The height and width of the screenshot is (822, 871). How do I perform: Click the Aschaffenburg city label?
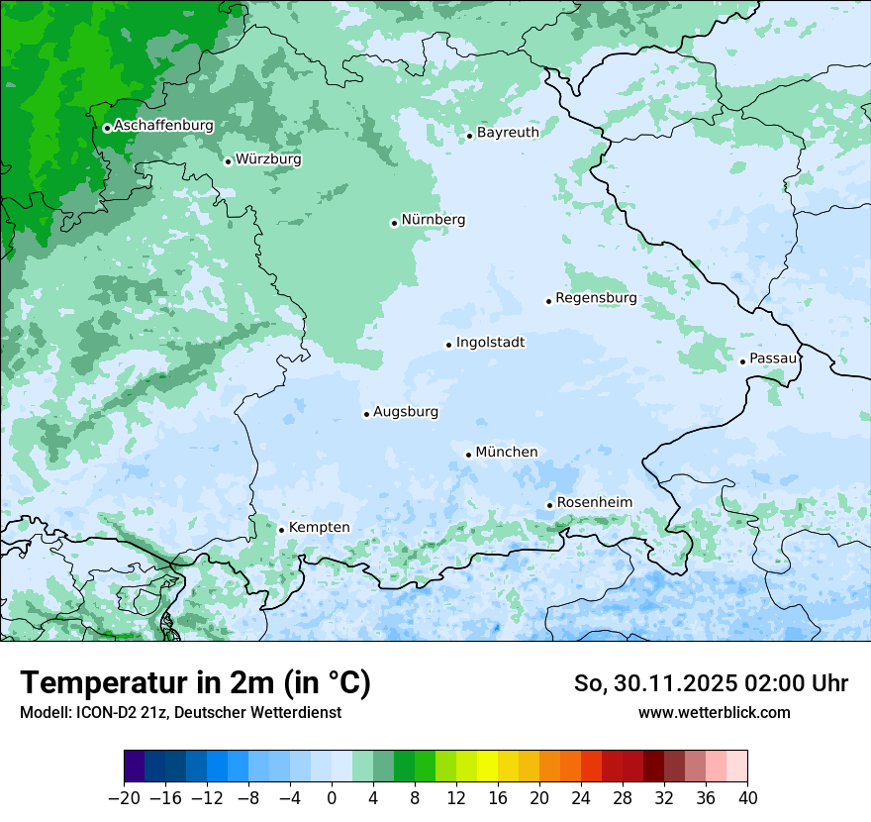click(x=163, y=126)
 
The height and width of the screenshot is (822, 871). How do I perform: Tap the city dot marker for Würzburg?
click(x=228, y=161)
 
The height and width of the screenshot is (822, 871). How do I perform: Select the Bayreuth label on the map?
click(x=508, y=133)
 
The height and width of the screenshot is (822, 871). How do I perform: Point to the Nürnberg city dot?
click(x=394, y=223)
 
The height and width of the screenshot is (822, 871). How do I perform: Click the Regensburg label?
click(x=596, y=298)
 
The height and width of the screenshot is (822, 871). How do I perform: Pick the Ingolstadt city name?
click(x=490, y=343)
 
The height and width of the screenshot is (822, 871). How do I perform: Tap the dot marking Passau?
click(x=742, y=361)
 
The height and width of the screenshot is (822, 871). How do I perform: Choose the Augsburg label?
click(x=406, y=412)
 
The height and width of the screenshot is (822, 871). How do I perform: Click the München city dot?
click(x=468, y=455)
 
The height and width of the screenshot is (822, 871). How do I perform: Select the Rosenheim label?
click(x=594, y=503)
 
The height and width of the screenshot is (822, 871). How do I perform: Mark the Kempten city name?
click(x=319, y=528)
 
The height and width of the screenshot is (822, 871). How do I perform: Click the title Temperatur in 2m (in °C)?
click(x=195, y=682)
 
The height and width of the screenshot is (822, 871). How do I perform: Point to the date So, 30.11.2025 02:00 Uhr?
click(x=711, y=683)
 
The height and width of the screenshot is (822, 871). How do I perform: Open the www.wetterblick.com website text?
click(x=714, y=712)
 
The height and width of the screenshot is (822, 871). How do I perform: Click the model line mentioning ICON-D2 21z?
click(x=180, y=712)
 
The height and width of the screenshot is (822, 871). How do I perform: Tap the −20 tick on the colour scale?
click(x=125, y=798)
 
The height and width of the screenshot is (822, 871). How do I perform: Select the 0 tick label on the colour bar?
click(x=332, y=798)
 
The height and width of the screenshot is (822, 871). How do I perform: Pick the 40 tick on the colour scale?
click(x=747, y=798)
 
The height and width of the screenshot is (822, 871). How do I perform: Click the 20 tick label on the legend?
click(x=539, y=798)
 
